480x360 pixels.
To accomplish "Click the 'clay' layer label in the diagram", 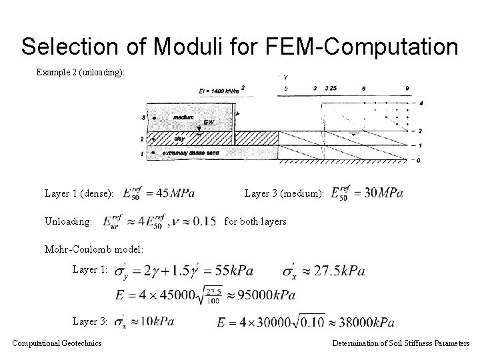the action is [x=179, y=139].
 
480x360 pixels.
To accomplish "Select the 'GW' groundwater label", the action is [x=209, y=123].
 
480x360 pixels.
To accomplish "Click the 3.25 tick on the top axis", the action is [x=331, y=88].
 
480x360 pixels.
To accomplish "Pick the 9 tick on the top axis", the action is [x=407, y=88].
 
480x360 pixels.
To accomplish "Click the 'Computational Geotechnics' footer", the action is [x=57, y=343].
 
